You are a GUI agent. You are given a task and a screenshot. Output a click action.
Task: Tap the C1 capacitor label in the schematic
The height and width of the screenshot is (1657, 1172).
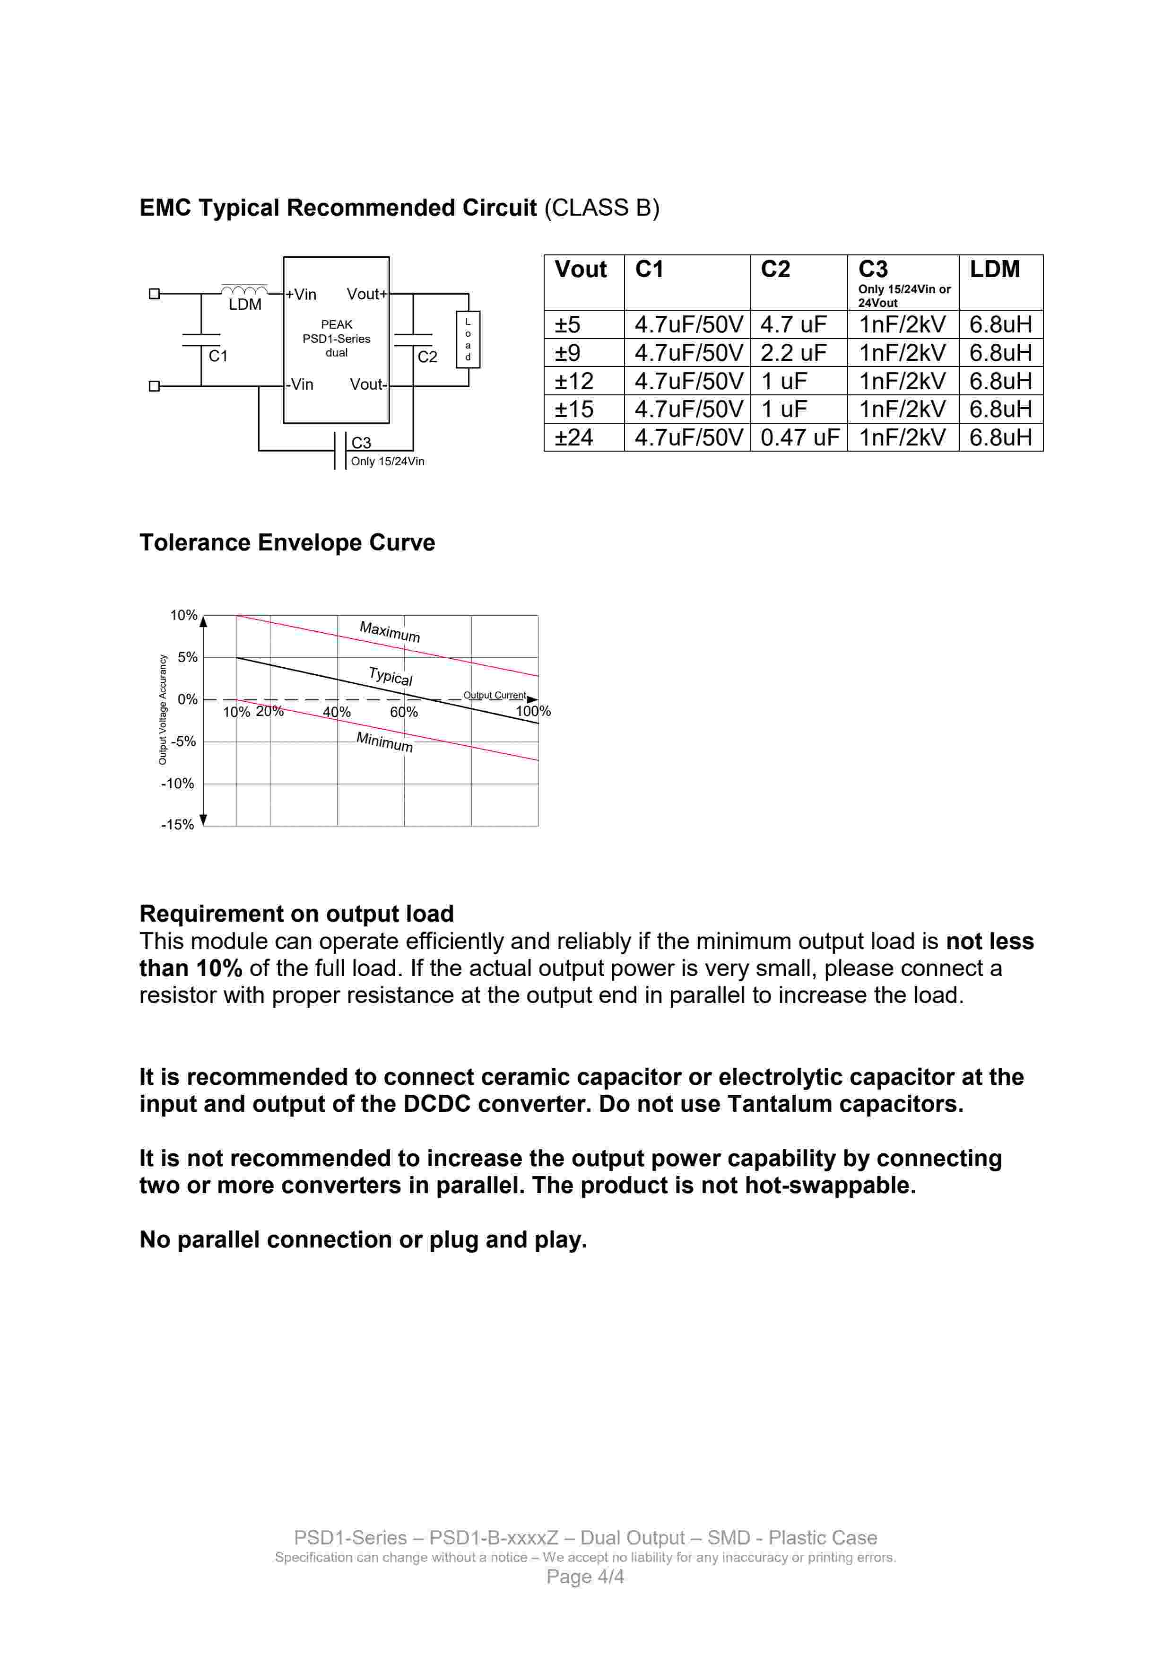tap(218, 356)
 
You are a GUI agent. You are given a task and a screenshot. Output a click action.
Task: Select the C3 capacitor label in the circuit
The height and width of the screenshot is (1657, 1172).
tap(361, 443)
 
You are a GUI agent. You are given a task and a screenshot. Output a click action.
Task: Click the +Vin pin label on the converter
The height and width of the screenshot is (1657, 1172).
tap(301, 295)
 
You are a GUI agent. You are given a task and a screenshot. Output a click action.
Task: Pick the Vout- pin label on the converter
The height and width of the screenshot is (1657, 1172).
tap(368, 384)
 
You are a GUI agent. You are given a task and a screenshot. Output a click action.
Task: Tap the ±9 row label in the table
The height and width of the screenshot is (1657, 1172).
tap(567, 353)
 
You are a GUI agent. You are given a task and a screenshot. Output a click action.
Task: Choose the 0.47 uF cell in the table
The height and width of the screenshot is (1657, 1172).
tap(799, 437)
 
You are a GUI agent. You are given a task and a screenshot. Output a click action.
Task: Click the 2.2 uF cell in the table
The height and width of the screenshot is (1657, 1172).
tap(793, 353)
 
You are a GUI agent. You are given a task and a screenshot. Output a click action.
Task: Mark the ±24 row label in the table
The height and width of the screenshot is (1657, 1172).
tap(574, 437)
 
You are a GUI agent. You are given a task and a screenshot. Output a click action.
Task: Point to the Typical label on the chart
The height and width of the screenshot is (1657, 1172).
tap(391, 676)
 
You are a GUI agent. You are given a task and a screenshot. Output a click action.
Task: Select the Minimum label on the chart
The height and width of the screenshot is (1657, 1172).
tap(385, 742)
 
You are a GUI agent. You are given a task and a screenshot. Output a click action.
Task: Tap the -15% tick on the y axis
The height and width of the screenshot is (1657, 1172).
tap(178, 825)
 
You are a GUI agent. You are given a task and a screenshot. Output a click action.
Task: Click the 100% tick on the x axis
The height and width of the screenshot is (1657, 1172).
tap(533, 712)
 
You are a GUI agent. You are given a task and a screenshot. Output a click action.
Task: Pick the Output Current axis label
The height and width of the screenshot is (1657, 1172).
tap(495, 696)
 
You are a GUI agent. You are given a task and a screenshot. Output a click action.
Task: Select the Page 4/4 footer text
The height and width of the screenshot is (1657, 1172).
tap(585, 1577)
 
